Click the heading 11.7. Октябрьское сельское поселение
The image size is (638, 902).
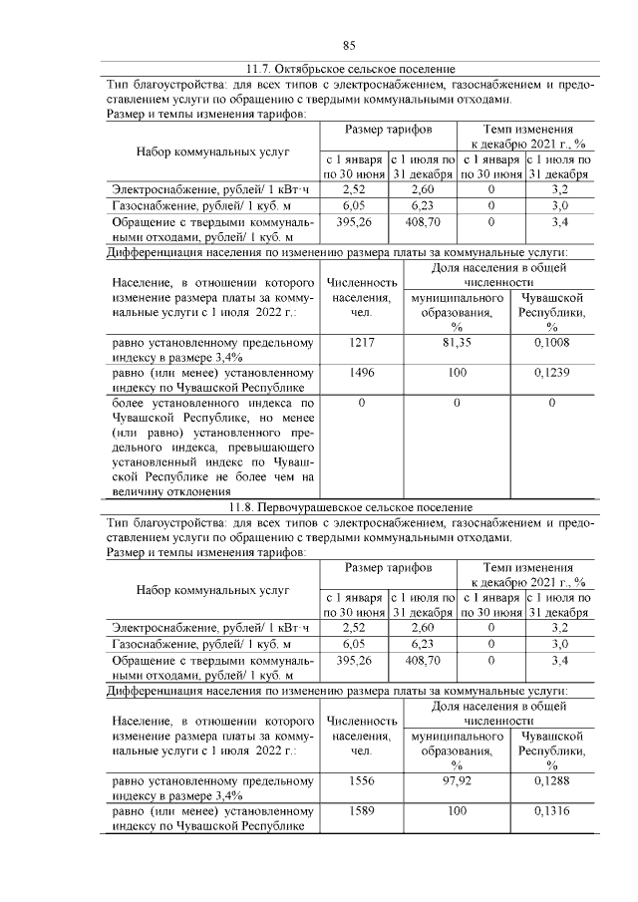click(350, 69)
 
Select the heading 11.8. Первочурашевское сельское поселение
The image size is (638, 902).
click(350, 507)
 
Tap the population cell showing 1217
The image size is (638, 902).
click(361, 343)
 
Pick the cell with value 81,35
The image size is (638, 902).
click(456, 343)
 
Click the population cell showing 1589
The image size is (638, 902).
click(361, 811)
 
